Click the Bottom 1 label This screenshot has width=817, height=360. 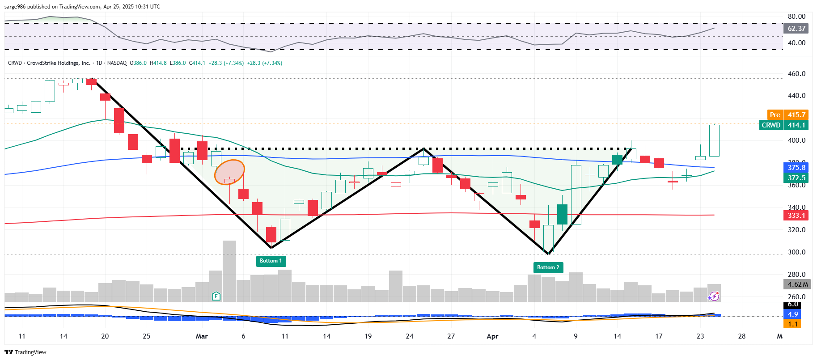pos(271,261)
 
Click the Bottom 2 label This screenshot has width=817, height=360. pos(548,267)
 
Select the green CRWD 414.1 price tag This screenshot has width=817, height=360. pos(783,125)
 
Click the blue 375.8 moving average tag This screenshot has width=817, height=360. pos(796,168)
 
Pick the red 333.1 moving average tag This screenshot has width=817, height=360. pos(796,216)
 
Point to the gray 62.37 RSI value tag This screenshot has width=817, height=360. pos(796,29)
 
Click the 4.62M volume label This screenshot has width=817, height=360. pos(797,284)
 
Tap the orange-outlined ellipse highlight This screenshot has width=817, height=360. pos(229,172)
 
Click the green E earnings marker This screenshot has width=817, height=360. pos(216,296)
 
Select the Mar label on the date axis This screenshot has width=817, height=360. pos(202,336)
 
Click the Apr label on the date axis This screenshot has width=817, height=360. pos(492,336)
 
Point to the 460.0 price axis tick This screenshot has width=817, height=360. pos(796,74)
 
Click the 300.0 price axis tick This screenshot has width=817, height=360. pos(796,252)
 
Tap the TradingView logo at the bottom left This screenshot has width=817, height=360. pos(25,352)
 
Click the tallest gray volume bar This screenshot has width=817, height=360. pos(229,271)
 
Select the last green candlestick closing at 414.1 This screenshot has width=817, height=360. pos(714,140)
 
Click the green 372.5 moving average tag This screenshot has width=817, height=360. pos(796,178)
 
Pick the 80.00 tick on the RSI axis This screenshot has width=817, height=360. pos(796,17)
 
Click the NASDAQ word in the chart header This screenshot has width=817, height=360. pos(117,63)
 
